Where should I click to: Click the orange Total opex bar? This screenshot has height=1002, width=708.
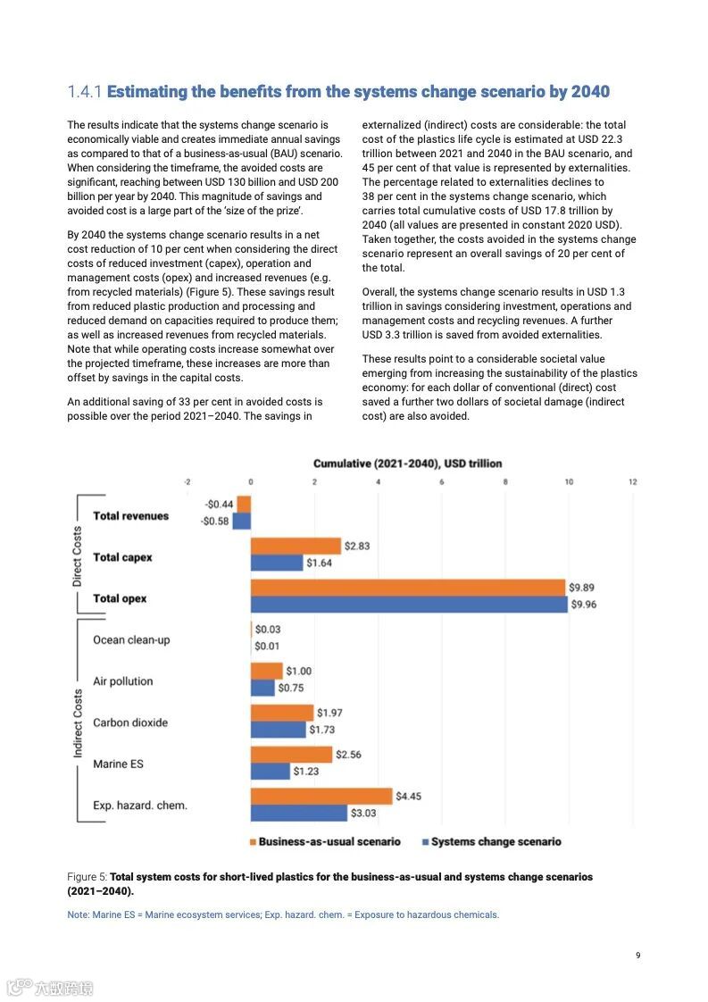(x=408, y=588)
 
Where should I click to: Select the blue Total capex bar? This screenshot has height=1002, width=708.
(x=277, y=563)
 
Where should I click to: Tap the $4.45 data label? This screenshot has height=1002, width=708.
(x=408, y=797)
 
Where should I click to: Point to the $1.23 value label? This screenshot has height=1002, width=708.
(x=305, y=772)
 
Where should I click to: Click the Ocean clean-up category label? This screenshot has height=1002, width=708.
(x=131, y=639)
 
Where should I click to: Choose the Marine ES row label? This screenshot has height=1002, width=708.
(x=118, y=764)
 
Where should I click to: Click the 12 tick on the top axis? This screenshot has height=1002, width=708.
(x=632, y=482)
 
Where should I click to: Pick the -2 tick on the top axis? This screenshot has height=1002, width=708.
(x=187, y=482)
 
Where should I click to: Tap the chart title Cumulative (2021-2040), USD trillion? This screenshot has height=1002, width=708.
(x=407, y=463)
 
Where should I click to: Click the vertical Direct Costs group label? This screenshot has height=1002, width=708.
(x=78, y=556)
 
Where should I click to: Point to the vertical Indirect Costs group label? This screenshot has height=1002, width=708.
(x=78, y=723)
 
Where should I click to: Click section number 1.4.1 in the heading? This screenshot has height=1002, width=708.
(x=86, y=92)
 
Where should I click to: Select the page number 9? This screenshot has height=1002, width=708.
(x=637, y=956)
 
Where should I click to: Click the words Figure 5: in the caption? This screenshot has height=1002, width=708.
(x=87, y=877)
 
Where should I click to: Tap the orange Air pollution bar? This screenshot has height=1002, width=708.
(x=266, y=671)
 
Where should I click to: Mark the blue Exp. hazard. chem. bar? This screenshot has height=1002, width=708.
(x=298, y=814)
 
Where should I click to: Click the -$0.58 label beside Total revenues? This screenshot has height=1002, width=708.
(x=214, y=522)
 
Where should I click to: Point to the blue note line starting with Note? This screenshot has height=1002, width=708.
(x=283, y=914)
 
